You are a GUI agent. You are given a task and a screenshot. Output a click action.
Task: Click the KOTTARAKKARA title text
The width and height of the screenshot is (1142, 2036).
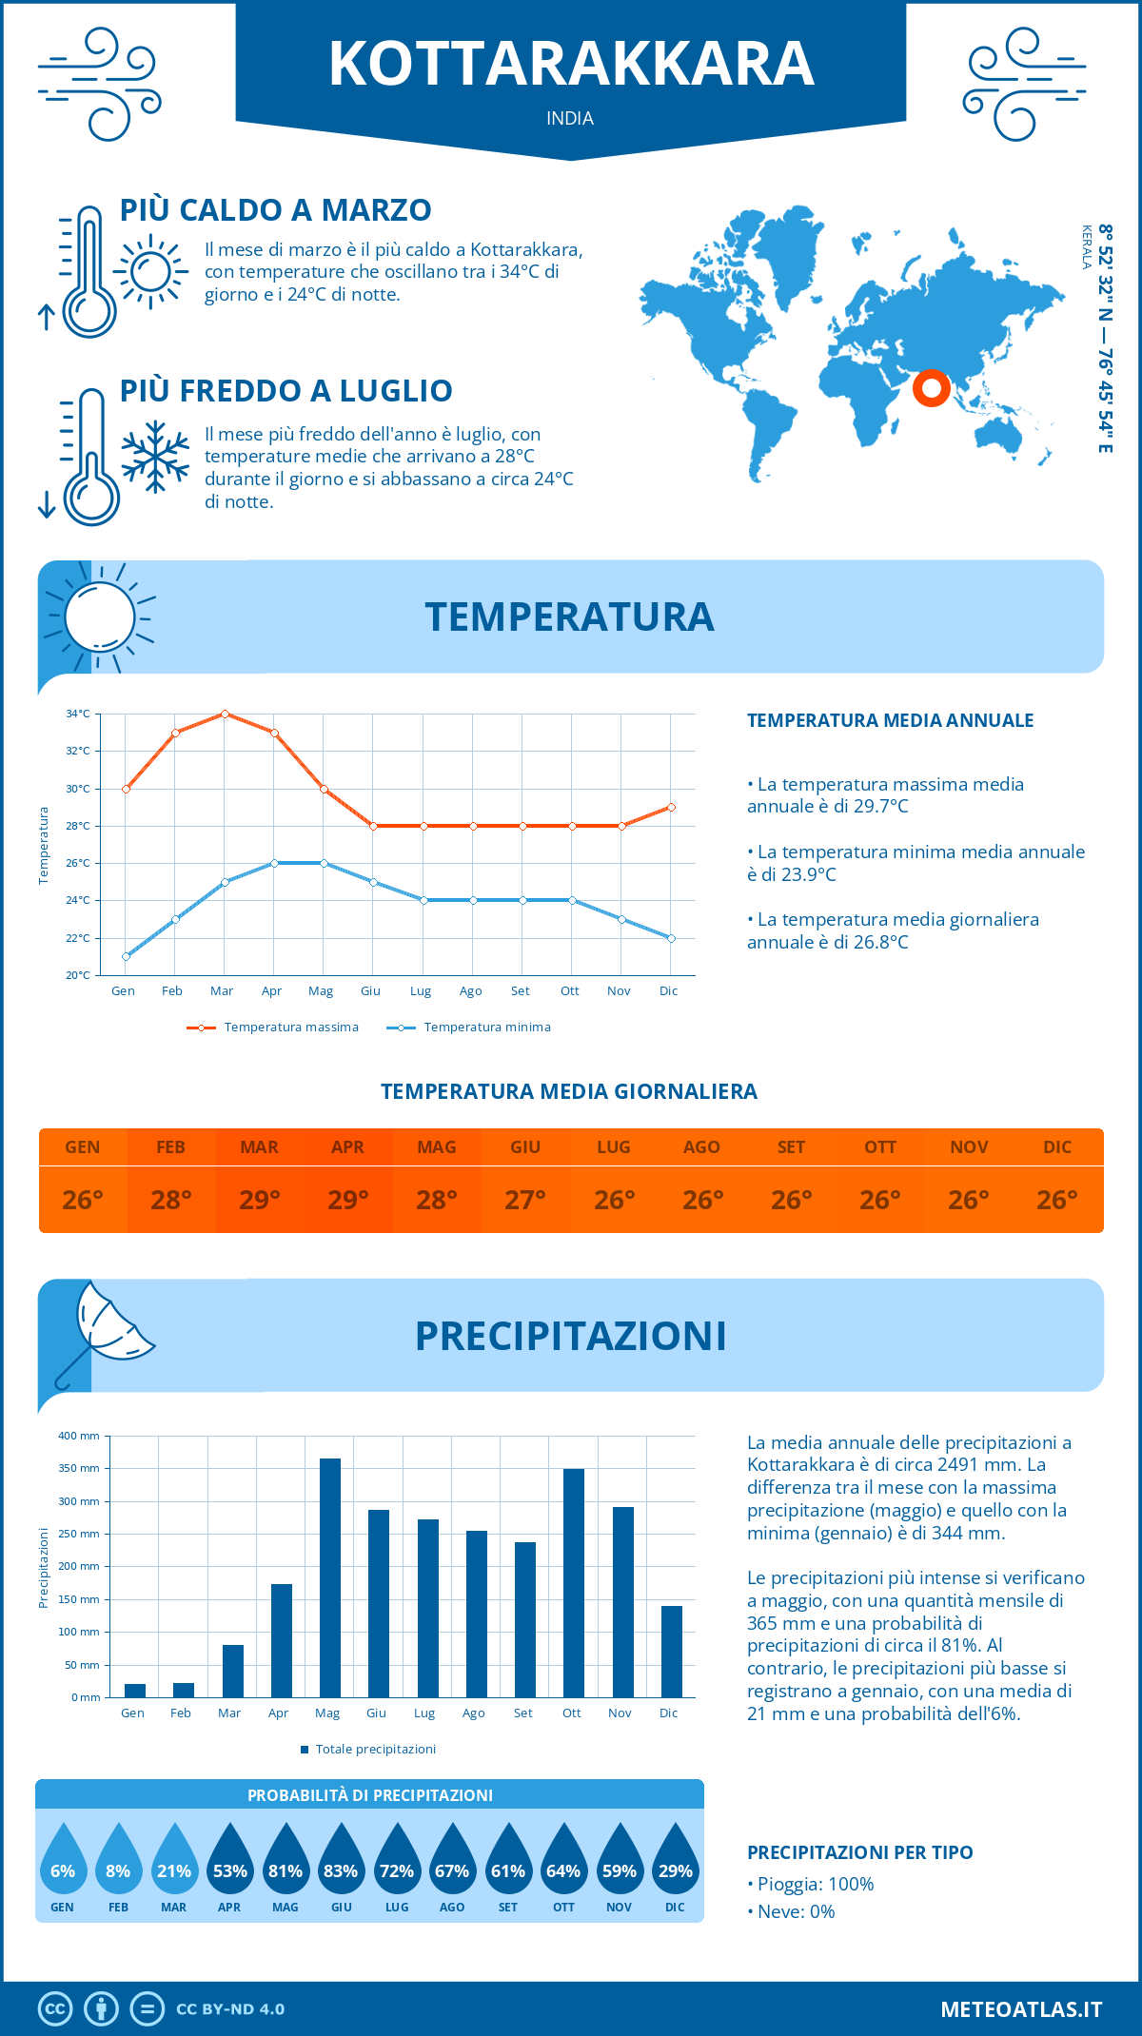(571, 64)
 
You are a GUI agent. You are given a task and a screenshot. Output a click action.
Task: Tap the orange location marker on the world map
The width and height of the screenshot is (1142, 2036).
(932, 387)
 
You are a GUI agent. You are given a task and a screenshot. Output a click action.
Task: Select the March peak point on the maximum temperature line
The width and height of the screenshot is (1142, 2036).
(225, 714)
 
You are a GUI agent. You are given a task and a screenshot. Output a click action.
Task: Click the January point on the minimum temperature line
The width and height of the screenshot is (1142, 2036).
(126, 956)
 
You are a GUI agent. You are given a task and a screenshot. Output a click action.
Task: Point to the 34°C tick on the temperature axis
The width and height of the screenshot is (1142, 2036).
(78, 714)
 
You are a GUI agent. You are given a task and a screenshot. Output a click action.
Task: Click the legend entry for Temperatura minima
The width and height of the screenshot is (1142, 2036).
(468, 1028)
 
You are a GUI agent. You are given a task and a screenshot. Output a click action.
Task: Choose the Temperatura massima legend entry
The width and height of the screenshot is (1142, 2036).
(273, 1028)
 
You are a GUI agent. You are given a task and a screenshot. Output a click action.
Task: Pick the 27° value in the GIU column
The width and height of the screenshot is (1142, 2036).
(525, 1200)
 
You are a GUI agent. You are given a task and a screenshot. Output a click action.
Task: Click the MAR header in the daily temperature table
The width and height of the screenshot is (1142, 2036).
(259, 1147)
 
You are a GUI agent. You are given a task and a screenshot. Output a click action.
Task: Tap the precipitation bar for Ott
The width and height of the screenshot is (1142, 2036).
(573, 1583)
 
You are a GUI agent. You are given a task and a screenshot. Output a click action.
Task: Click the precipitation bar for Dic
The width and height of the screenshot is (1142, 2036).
(671, 1652)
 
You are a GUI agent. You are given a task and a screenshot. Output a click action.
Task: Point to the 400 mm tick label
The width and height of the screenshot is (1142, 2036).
(79, 1436)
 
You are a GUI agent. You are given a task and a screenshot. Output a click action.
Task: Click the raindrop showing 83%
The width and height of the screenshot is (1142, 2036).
(341, 1860)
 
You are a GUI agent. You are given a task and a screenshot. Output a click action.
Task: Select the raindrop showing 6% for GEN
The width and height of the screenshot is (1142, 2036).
(63, 1860)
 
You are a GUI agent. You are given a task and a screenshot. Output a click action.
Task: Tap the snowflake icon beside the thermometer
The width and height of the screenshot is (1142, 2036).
(155, 457)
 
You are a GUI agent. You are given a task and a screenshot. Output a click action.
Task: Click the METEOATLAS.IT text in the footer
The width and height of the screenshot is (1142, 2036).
(1021, 2009)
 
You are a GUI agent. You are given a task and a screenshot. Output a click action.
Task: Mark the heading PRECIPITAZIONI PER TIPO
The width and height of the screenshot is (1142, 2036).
(859, 1852)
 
